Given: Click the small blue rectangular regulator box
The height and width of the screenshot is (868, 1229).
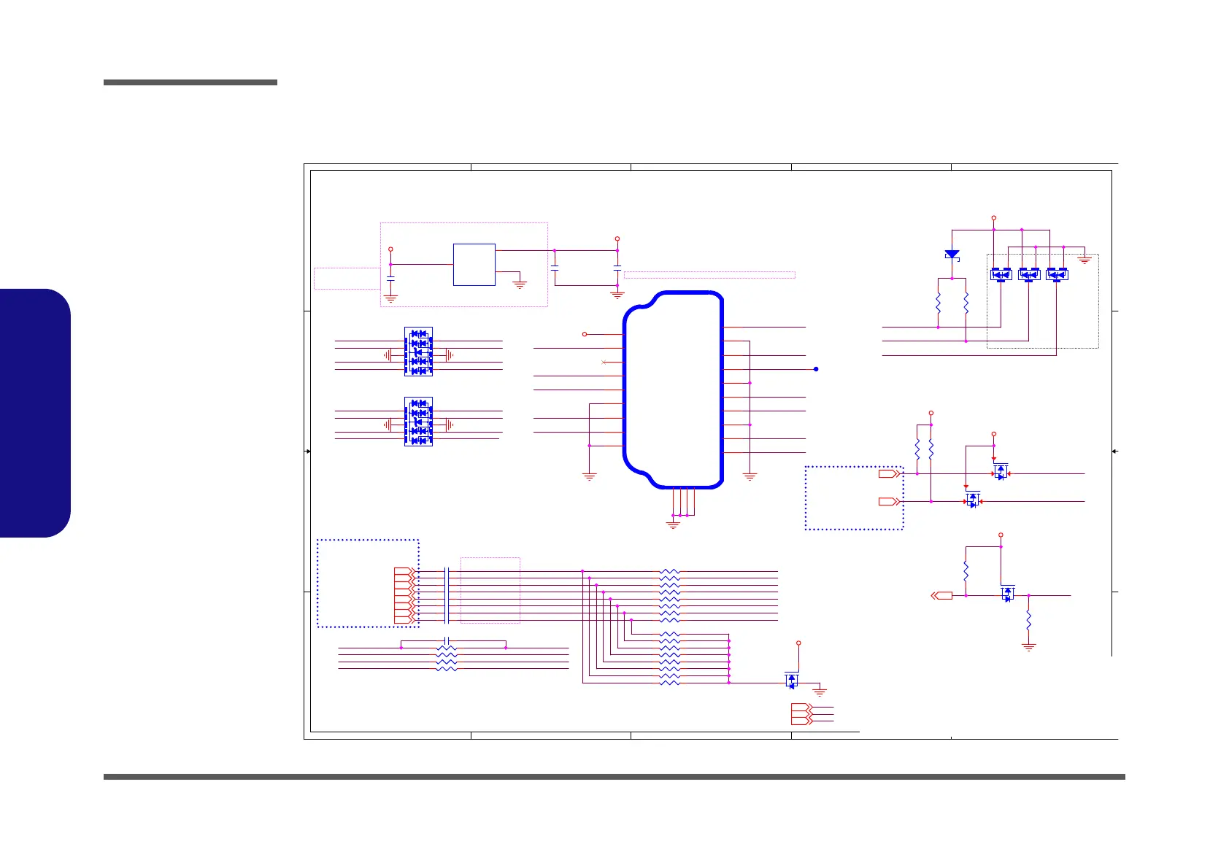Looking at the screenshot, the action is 474,265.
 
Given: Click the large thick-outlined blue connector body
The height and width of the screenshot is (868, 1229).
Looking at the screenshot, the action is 673,390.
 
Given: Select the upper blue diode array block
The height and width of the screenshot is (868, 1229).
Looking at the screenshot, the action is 418,352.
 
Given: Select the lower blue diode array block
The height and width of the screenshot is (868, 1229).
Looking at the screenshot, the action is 418,422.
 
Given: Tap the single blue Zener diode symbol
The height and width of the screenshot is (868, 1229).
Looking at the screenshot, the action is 952,255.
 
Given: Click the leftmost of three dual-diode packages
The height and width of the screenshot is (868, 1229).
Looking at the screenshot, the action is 1001,274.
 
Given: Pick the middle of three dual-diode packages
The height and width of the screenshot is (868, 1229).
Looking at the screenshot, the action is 1029,274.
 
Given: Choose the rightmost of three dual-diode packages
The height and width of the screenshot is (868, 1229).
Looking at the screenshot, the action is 1057,274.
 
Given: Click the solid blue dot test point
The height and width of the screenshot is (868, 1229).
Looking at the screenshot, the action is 816,369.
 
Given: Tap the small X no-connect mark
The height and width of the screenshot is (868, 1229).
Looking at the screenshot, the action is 603,363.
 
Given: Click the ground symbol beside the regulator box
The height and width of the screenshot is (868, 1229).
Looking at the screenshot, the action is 520,284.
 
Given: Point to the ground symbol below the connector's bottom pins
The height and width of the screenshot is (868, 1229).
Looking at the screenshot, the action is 673,524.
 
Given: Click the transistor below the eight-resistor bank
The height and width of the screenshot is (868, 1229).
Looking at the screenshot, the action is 792,681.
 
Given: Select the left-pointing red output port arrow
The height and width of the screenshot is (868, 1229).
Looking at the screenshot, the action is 942,596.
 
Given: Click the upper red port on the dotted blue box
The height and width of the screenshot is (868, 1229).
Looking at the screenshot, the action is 888,474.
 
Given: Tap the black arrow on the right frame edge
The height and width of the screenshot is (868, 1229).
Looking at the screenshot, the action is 1115,452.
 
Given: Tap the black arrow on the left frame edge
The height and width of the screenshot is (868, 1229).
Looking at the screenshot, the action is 307,452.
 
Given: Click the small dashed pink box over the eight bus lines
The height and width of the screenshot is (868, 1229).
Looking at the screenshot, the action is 490,590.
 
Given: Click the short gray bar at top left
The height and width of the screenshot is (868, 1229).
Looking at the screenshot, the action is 190,82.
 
